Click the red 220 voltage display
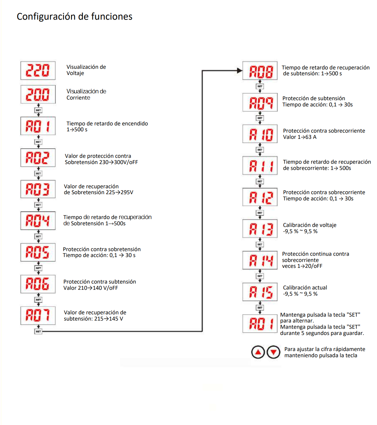(38, 70)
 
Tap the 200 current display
(38, 95)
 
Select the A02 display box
(38, 158)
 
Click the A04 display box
(38, 221)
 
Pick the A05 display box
(38, 252)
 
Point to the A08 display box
(260, 71)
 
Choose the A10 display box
(260, 134)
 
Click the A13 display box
(260, 229)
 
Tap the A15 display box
(260, 292)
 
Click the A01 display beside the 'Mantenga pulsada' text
(260, 323)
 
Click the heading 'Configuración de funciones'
(75, 17)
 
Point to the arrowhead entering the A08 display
(239, 70)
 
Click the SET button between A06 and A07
(38, 300)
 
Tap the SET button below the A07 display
(38, 331)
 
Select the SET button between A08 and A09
(260, 86)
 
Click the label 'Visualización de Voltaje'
(86, 70)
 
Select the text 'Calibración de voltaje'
(310, 225)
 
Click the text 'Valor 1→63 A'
(299, 137)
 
